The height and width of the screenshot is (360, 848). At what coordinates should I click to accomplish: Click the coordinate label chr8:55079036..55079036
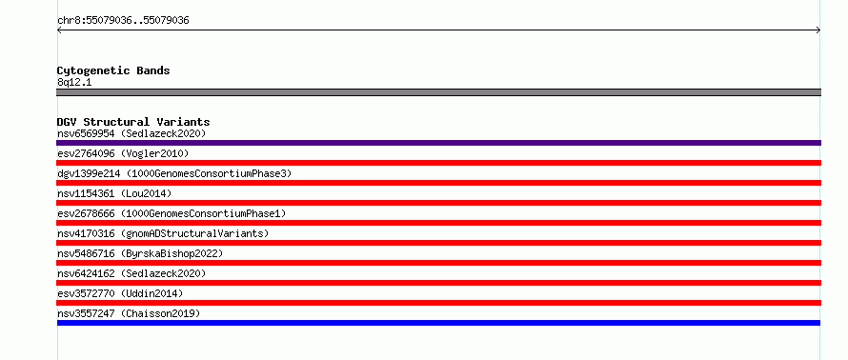pyautogui.click(x=123, y=21)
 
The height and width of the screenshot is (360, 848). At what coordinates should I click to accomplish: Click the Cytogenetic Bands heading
pyautogui.click(x=113, y=70)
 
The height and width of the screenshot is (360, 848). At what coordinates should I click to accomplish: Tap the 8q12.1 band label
pyautogui.click(x=74, y=83)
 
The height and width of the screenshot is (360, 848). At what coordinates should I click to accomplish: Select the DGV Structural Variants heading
pyautogui.click(x=133, y=122)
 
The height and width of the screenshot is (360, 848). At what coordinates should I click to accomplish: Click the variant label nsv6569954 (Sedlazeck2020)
pyautogui.click(x=131, y=133)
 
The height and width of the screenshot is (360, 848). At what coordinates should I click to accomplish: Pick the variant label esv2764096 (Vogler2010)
pyautogui.click(x=123, y=153)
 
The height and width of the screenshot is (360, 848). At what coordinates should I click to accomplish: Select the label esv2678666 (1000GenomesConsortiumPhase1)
pyautogui.click(x=172, y=213)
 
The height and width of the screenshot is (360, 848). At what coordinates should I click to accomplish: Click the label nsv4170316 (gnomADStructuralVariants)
pyautogui.click(x=163, y=233)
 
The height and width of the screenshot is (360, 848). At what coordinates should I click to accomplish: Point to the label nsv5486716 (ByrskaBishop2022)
pyautogui.click(x=140, y=253)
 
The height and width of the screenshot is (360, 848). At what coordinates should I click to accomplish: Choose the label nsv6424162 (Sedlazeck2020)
pyautogui.click(x=131, y=273)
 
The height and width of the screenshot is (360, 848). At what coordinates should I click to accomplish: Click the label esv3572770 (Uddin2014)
pyautogui.click(x=120, y=293)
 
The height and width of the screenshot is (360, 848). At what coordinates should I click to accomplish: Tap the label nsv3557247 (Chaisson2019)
pyautogui.click(x=129, y=313)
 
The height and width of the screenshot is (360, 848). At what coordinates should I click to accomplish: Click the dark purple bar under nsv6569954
pyautogui.click(x=438, y=143)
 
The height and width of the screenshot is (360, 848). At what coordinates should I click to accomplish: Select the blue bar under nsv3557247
pyautogui.click(x=438, y=323)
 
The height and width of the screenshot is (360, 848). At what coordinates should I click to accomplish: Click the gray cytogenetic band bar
pyautogui.click(x=438, y=92)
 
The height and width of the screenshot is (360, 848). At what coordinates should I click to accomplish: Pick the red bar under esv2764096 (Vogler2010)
pyautogui.click(x=438, y=163)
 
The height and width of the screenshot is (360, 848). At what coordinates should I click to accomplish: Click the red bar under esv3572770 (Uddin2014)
pyautogui.click(x=438, y=303)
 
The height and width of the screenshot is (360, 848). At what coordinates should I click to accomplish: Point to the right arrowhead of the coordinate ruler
pyautogui.click(x=818, y=30)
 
